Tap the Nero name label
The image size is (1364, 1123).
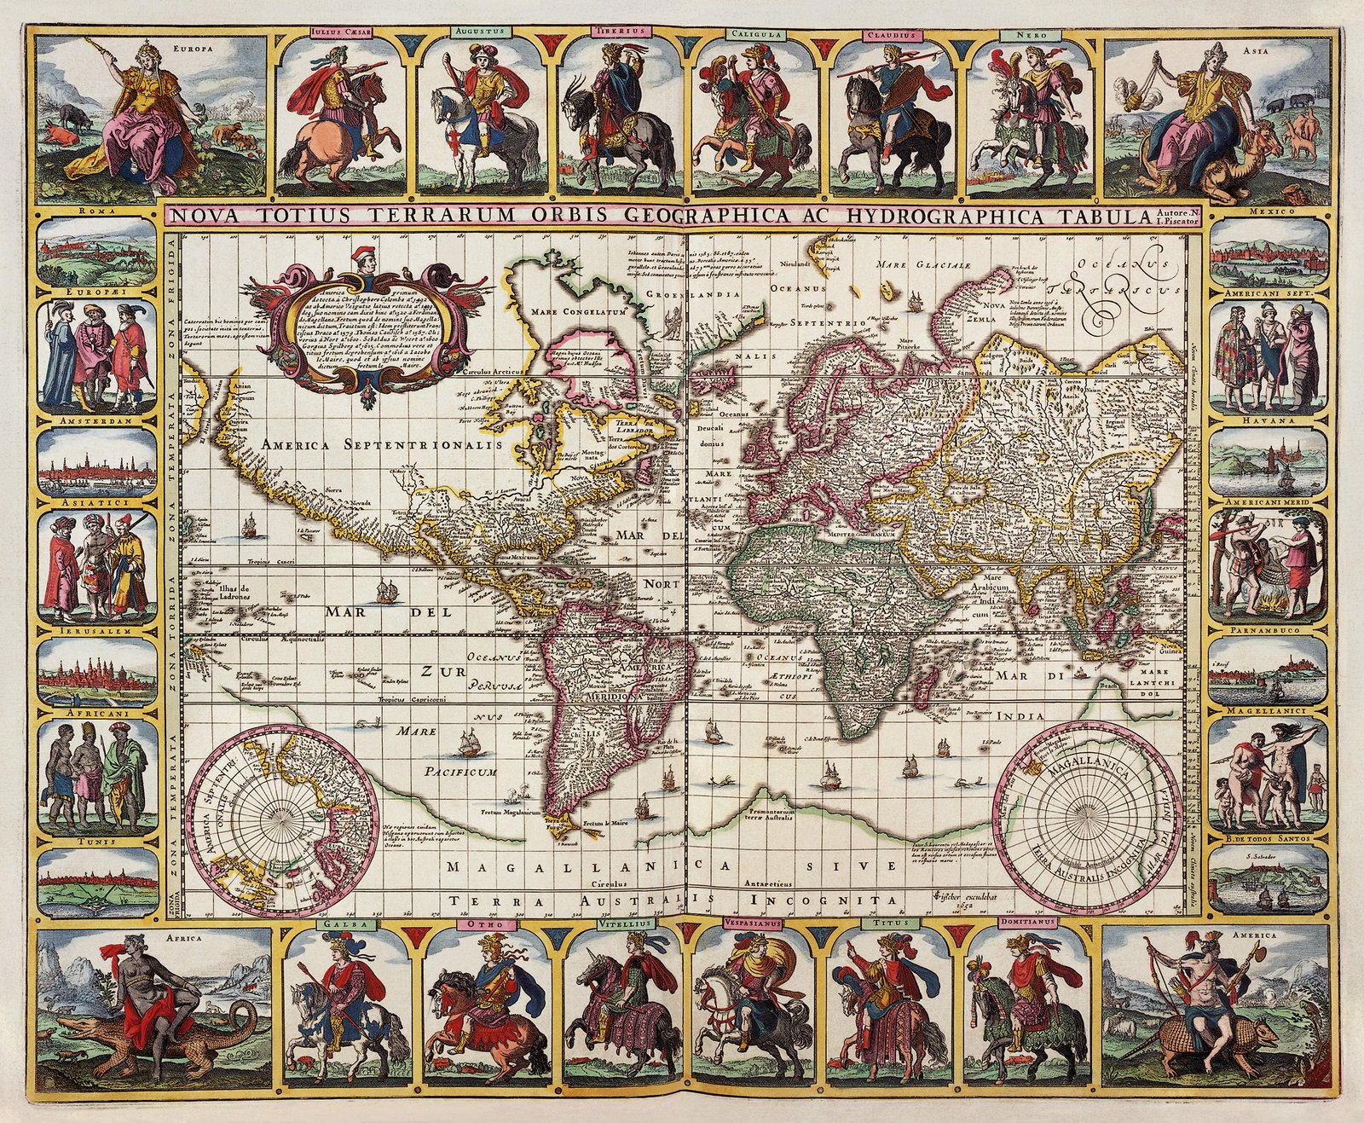point(1031,36)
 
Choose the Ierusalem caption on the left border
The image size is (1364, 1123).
point(97,631)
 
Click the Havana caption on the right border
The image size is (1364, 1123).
point(1268,420)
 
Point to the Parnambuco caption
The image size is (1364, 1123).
point(1268,630)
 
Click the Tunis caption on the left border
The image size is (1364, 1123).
point(97,841)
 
